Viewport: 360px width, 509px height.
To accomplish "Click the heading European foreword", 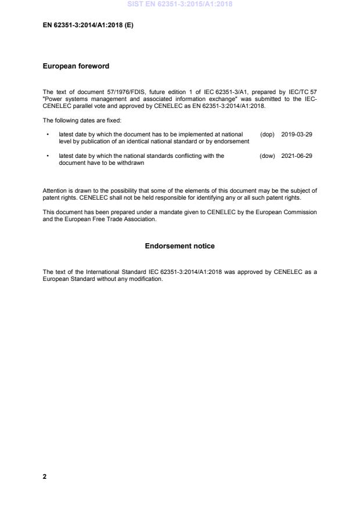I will pos(76,66).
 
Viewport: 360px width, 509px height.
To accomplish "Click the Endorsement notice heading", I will pos(179,246).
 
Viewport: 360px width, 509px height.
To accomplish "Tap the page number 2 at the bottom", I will pos(45,476).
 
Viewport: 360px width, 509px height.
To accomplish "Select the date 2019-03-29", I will pos(297,134).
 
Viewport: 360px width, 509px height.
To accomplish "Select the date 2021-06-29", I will pos(297,156).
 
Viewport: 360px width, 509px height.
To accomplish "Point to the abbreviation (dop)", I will pos(267,134).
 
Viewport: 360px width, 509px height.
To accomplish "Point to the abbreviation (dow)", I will pos(267,156).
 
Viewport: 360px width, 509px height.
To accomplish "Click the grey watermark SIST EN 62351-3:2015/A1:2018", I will pos(179,5).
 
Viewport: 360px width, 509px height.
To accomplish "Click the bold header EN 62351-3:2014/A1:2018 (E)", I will pos(88,26).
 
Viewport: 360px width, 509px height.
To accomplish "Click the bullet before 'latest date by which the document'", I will pos(47,134).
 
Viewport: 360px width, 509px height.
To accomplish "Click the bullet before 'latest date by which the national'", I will pos(47,156).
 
